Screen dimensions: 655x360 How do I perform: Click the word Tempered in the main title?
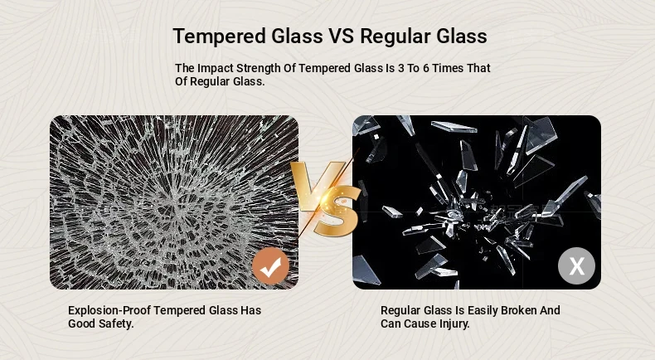(x=220, y=36)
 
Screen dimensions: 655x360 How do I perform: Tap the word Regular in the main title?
(x=395, y=36)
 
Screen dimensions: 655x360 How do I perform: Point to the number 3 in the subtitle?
(x=401, y=68)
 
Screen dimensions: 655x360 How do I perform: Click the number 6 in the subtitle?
(x=426, y=68)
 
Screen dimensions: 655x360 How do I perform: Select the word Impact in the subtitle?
(x=216, y=68)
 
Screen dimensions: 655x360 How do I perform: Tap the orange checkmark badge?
(x=270, y=266)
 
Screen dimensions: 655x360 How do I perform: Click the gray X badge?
(x=577, y=266)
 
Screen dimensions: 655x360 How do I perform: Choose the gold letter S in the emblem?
(x=337, y=212)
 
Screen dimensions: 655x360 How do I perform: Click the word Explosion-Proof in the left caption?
(x=109, y=311)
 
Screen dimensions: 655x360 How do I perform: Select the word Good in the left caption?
(x=82, y=324)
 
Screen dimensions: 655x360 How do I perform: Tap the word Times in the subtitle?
(x=448, y=68)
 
